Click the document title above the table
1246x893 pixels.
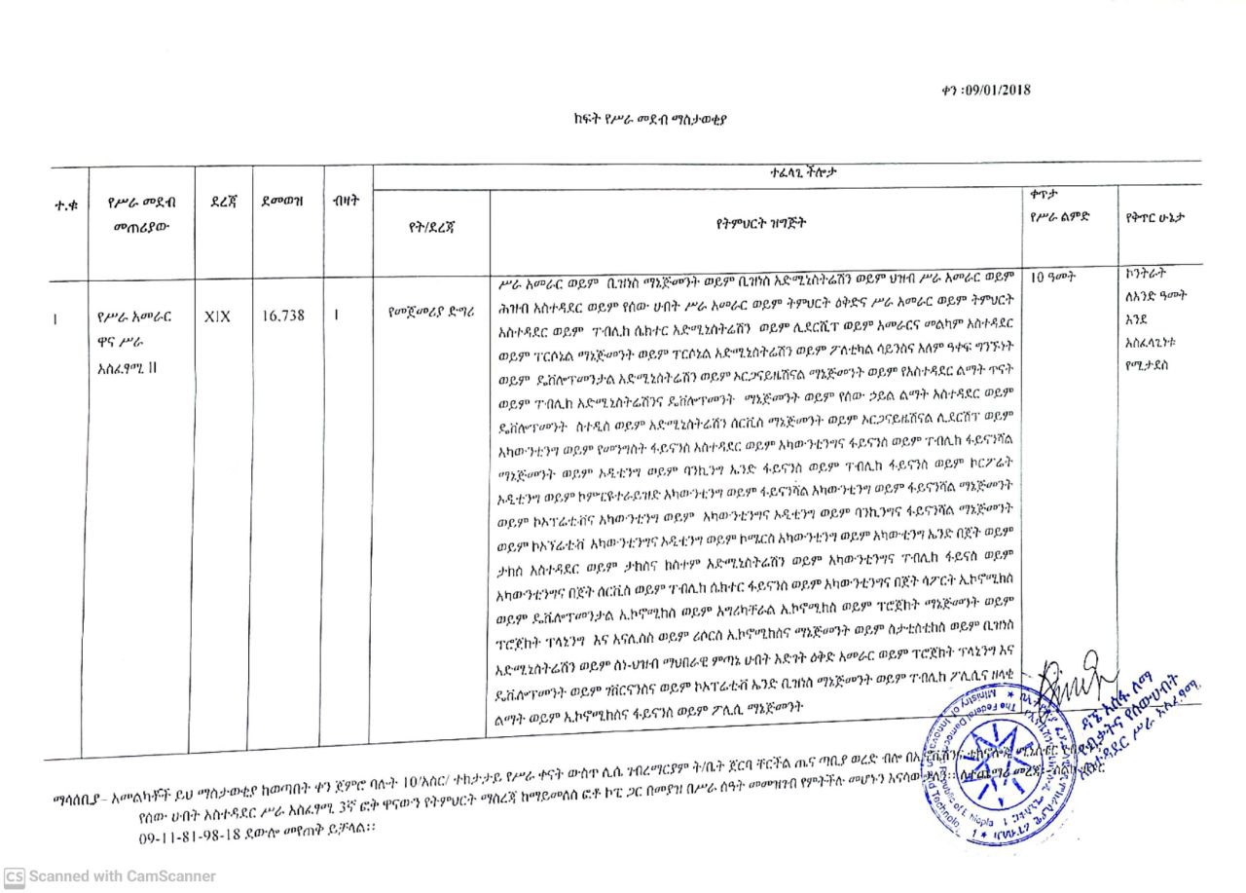pyautogui.click(x=650, y=120)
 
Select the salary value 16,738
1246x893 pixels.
pyautogui.click(x=283, y=316)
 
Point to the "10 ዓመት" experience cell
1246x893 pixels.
pyautogui.click(x=1052, y=277)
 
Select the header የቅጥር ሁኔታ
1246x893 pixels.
pyautogui.click(x=1157, y=215)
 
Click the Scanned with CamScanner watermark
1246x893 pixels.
pyautogui.click(x=110, y=876)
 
